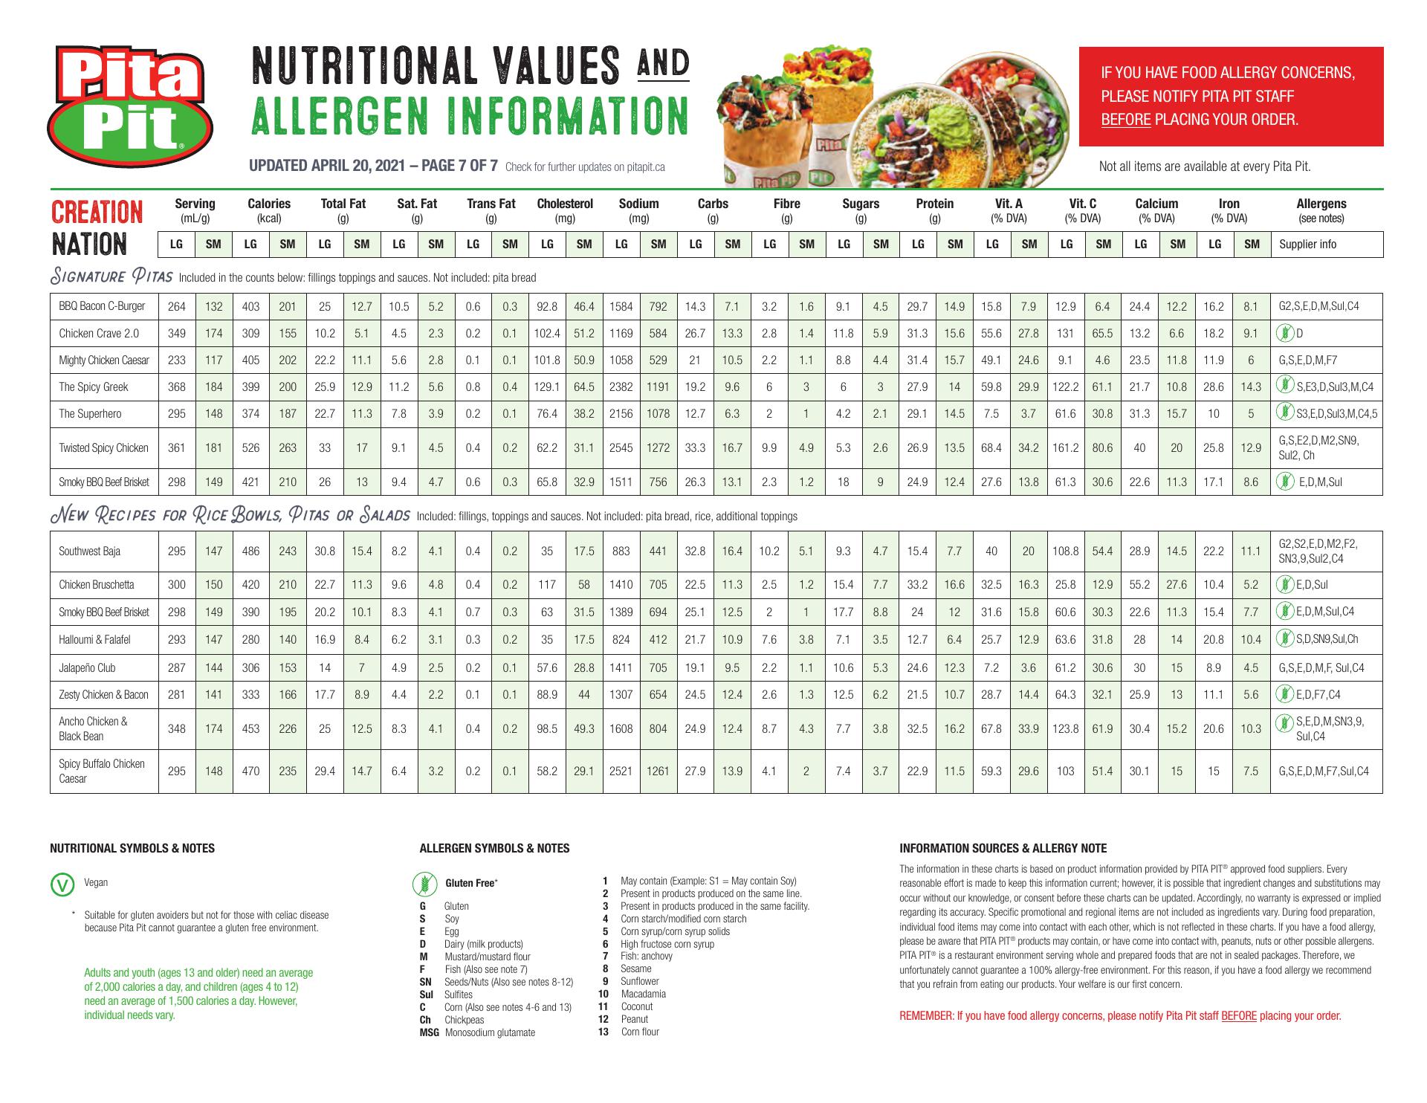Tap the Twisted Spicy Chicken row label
click(103, 447)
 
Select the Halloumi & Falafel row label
click(94, 638)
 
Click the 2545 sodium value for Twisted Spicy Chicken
click(621, 447)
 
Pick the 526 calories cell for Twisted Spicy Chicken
click(250, 447)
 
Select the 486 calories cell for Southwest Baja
click(250, 551)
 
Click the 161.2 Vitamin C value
click(1066, 447)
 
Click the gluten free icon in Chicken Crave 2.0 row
click(1282, 333)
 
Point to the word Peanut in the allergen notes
click(634, 1019)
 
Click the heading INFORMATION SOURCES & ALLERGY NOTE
click(1003, 848)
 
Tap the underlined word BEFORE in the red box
click(1125, 120)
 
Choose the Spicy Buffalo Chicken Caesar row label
click(102, 771)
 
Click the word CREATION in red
click(97, 213)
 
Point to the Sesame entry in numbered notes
click(635, 968)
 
